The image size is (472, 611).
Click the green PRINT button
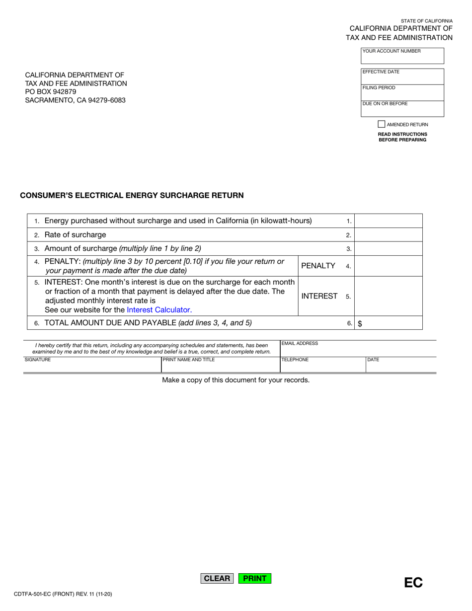255,578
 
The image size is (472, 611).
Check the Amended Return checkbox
382,124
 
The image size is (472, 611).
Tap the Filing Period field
402,93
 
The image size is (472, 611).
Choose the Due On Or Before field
402,109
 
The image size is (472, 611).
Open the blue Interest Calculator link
158,309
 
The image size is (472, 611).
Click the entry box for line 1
388,221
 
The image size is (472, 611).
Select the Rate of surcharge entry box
388,235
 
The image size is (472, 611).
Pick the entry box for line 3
388,248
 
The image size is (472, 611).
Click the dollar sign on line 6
360,323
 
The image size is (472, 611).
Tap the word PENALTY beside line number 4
318,266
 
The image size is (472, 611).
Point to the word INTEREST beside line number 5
319,296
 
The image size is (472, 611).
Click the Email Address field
358,349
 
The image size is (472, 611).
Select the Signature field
92,365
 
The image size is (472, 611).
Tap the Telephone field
322,365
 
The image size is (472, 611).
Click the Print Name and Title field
221,365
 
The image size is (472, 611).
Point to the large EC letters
413,583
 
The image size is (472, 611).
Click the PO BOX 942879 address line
51,92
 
